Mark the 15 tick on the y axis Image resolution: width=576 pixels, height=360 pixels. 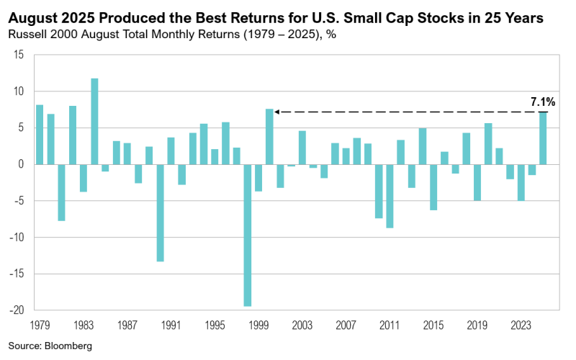click(x=19, y=55)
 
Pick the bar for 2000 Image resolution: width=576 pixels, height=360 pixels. click(x=269, y=137)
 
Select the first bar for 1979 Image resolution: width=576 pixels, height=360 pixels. click(x=40, y=135)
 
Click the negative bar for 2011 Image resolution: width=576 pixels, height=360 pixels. click(x=390, y=196)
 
